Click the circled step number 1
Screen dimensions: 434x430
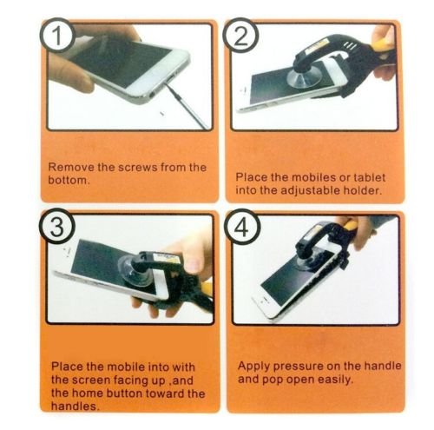[57, 36]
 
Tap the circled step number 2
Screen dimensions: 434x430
[240, 36]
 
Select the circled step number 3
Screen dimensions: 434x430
[57, 227]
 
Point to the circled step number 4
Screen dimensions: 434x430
[242, 227]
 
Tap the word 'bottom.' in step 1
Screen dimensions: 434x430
[68, 180]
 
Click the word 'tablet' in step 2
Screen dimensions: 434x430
[369, 177]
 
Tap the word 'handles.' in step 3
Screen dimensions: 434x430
[76, 407]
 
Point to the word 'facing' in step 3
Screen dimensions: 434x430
[131, 380]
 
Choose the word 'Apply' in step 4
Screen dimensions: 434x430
[254, 367]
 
